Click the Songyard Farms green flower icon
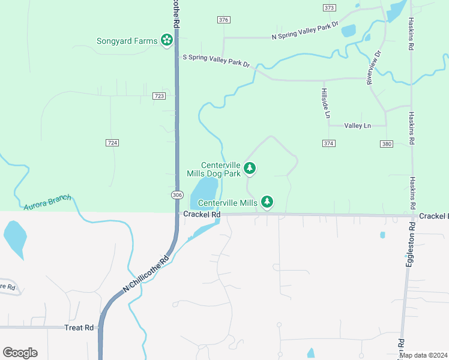tap(166, 41)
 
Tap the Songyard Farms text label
tap(127, 41)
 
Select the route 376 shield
tap(224, 20)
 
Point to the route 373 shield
tap(329, 8)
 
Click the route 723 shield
tap(159, 96)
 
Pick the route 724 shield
tap(112, 142)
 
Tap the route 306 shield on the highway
tap(176, 195)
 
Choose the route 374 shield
tap(328, 143)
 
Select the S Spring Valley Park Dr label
tap(215, 61)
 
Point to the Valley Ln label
tap(358, 125)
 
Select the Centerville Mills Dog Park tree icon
tap(250, 169)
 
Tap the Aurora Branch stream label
tap(47, 202)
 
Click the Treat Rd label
tap(80, 328)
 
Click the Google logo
tap(20, 353)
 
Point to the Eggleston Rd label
tap(410, 245)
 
